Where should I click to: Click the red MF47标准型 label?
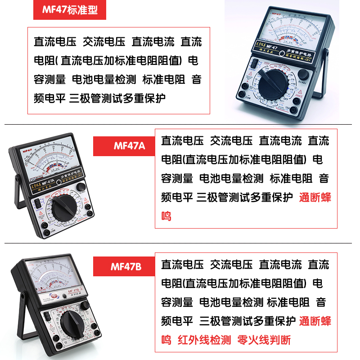pos(69,10)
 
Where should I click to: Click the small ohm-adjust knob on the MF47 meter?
pos(303,75)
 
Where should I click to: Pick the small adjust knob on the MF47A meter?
pos(81,187)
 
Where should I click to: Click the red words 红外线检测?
pos(204,340)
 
